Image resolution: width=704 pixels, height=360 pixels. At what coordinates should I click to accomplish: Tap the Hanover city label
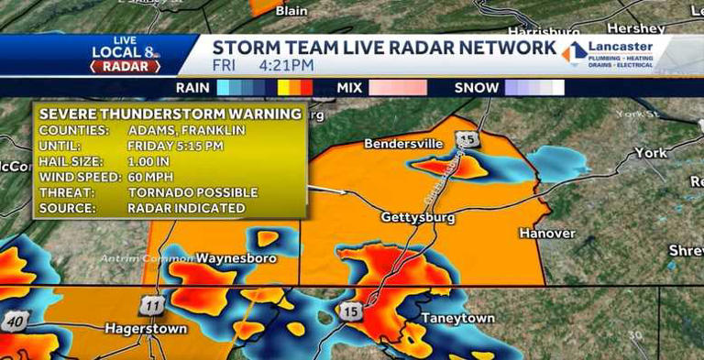547,234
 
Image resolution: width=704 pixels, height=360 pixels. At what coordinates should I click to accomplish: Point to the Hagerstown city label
146,328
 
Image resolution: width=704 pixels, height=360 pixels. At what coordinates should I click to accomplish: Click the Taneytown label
457,319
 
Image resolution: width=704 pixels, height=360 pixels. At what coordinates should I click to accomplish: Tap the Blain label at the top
291,10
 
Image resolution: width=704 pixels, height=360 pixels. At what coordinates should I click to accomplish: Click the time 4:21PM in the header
286,65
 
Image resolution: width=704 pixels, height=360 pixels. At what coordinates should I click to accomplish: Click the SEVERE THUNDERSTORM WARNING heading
170,114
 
